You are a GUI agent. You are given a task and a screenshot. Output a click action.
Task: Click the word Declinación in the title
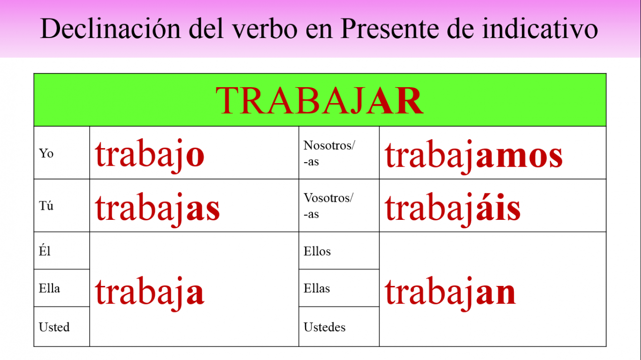coord(111,29)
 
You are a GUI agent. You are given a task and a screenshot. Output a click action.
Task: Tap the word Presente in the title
coord(389,29)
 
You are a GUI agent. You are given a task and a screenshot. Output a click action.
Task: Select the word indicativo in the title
coord(540,29)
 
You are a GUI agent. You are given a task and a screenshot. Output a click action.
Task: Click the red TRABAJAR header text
coord(319,101)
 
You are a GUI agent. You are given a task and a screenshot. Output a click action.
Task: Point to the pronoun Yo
coord(46,153)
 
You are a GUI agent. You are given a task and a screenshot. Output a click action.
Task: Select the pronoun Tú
coord(46,205)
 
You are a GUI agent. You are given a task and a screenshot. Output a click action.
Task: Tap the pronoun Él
coord(45,250)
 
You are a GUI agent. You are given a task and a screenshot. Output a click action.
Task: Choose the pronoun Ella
coord(49,288)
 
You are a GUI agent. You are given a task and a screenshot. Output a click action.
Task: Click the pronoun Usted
coord(54,327)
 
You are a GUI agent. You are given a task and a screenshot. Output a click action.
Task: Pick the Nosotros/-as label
coord(329,153)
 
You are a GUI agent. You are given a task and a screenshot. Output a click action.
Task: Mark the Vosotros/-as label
coord(329,205)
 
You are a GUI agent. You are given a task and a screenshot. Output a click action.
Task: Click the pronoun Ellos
coord(317,251)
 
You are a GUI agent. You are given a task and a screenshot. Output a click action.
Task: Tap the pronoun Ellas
coord(317,288)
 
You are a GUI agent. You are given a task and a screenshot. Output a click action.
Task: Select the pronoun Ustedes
coord(325,327)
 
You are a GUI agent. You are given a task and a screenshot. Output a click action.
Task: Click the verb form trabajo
coord(150,156)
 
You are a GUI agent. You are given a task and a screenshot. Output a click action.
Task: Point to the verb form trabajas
coord(157,209)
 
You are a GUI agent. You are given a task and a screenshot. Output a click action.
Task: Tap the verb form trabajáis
coord(452,209)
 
